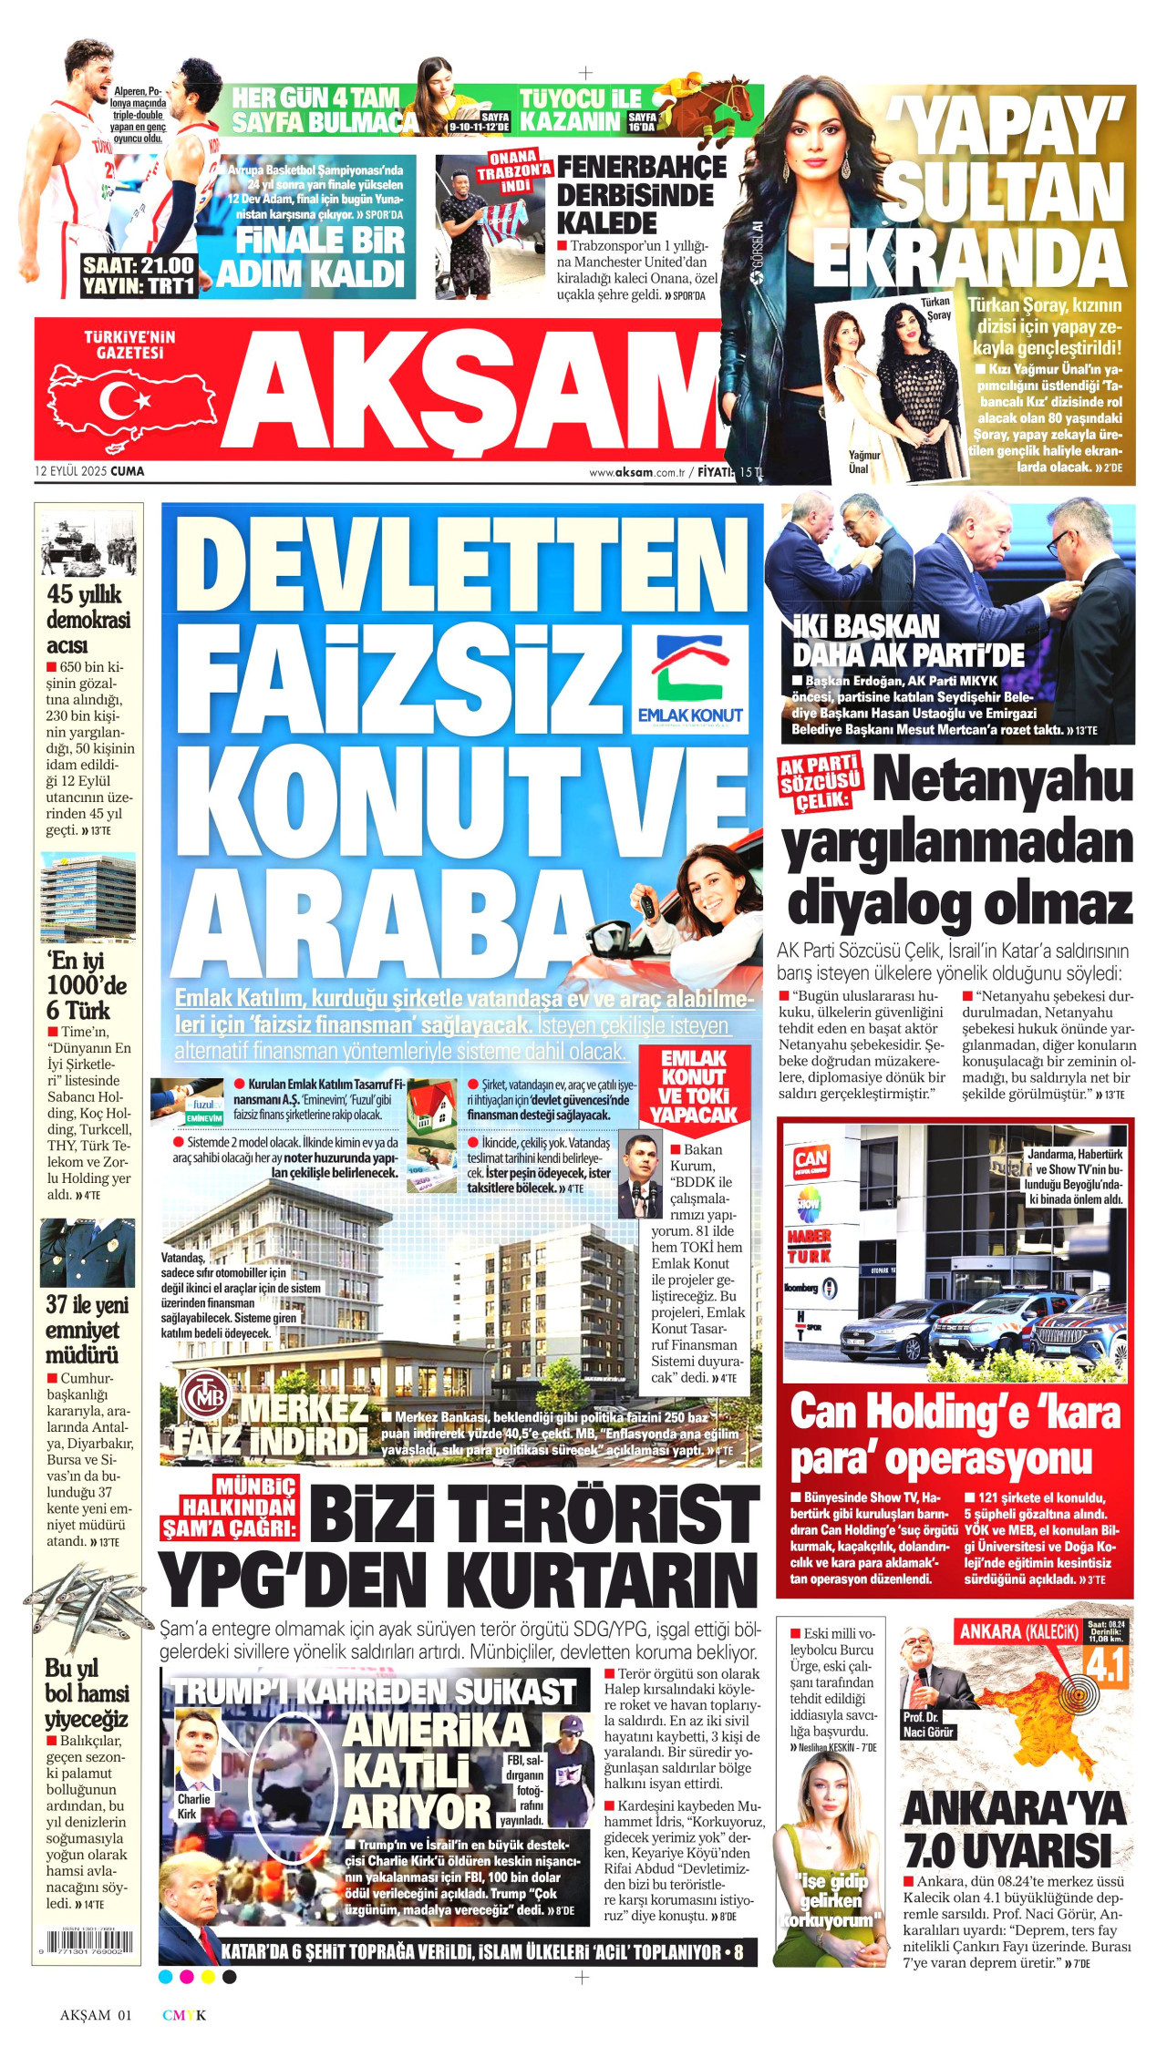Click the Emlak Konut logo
[700, 680]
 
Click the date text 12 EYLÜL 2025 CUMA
[89, 471]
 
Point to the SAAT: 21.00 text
[138, 265]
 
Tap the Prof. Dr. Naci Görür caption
[928, 1724]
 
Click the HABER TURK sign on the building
[809, 1247]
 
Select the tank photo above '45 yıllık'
[88, 544]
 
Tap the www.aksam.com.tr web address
[635, 472]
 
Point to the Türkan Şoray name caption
[935, 309]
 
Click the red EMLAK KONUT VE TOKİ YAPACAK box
[692, 1087]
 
